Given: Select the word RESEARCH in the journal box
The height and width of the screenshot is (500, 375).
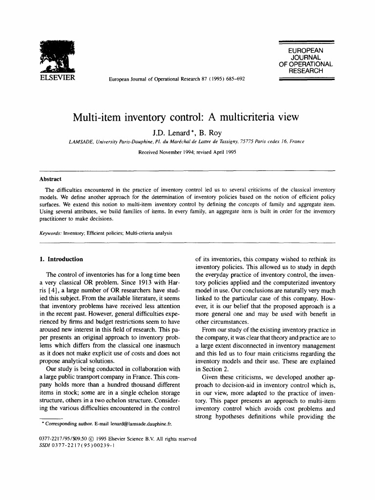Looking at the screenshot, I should click(x=306, y=71).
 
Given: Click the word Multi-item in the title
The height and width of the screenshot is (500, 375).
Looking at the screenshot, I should click(x=96, y=118).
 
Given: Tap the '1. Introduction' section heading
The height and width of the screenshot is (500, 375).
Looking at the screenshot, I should click(x=61, y=259).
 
